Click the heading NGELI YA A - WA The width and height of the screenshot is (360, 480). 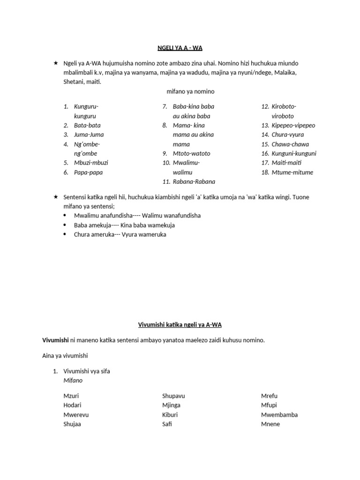(180, 47)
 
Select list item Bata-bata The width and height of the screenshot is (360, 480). (87, 125)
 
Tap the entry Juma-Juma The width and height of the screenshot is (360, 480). (89, 135)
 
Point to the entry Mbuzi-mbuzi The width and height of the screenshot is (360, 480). (91, 163)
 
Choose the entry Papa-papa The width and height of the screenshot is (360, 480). (88, 172)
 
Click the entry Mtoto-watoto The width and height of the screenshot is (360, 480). (191, 153)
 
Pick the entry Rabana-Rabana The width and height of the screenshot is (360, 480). (194, 182)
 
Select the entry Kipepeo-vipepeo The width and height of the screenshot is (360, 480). (293, 125)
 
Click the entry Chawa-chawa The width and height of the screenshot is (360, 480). (290, 144)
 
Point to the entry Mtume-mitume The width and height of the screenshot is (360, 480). (292, 172)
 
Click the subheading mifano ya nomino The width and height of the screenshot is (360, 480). (190, 91)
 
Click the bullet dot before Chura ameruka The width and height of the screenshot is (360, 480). (65, 234)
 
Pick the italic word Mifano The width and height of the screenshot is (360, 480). (73, 381)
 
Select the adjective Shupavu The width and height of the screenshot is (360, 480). (173, 396)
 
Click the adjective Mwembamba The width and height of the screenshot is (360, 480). (279, 414)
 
